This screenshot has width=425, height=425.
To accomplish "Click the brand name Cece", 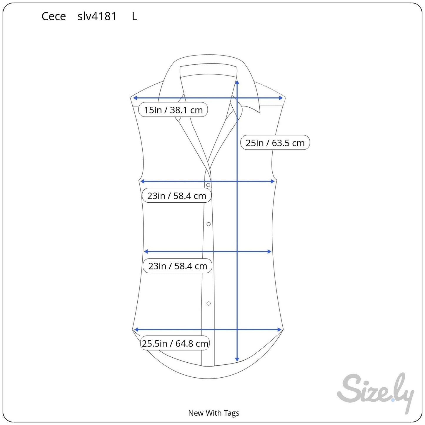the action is coord(54,16).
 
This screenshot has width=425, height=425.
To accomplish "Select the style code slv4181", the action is coord(97,16).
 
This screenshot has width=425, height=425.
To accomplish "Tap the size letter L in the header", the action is coord(134,16).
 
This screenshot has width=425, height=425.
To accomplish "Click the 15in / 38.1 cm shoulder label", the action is coord(173,110).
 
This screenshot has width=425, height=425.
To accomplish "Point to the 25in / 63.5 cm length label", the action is coord(275,143).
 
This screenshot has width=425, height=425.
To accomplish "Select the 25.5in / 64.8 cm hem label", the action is coord(175,344).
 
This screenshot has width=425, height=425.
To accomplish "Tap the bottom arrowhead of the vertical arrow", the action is coord(237,360).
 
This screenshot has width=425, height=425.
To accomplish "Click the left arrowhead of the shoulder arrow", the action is coord(135,98).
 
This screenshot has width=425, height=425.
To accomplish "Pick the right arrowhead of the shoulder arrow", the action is coord(281,98).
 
